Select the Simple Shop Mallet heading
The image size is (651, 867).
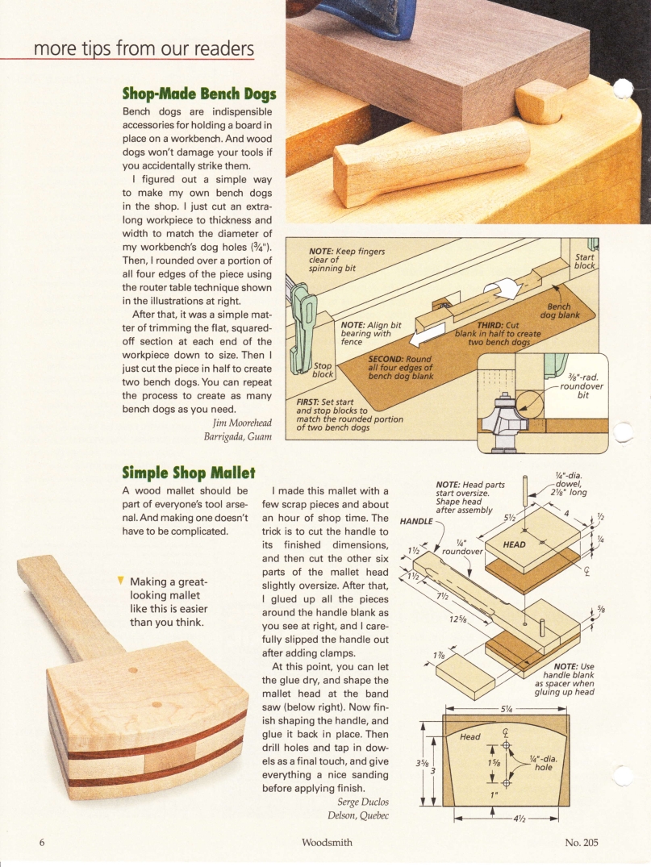188,471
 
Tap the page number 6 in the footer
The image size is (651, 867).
41,844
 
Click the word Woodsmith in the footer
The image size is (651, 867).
325,844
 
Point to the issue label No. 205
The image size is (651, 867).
581,844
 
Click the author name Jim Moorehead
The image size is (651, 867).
242,423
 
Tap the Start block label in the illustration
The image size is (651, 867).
584,261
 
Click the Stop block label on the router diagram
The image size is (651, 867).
323,369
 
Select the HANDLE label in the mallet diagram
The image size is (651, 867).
416,520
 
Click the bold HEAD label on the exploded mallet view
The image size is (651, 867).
514,544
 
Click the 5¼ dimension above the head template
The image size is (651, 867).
507,710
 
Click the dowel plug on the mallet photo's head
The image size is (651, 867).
135,669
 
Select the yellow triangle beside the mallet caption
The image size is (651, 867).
120,580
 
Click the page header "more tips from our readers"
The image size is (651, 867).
144,48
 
